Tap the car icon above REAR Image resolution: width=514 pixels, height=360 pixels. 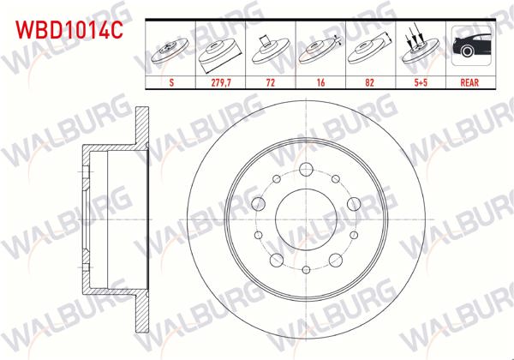click(469, 48)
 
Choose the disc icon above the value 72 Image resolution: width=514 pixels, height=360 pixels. click(270, 50)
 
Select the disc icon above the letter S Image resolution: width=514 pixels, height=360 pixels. click(170, 51)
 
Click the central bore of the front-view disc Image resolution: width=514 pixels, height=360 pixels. click(306, 216)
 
